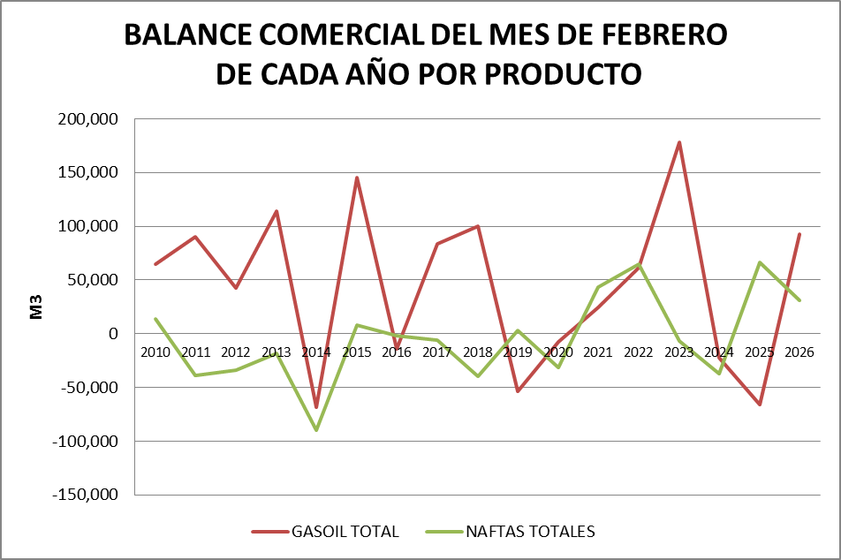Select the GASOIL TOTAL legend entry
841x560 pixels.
(x=345, y=532)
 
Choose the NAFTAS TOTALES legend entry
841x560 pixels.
(x=530, y=532)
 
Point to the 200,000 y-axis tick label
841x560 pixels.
(x=87, y=119)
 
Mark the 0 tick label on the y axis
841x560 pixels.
(x=113, y=334)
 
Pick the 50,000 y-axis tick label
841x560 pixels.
(x=92, y=280)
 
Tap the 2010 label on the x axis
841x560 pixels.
(x=155, y=352)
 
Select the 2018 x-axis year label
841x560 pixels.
(x=478, y=352)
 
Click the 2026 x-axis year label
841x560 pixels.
(x=799, y=352)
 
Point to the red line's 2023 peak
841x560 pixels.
(x=679, y=142)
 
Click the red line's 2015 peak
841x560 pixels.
(x=357, y=178)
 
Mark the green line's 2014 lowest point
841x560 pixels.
(x=316, y=430)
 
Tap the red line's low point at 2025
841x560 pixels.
(x=760, y=405)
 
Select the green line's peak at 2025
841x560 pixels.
(x=760, y=262)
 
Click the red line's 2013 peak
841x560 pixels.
(x=277, y=211)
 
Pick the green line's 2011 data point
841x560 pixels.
(x=195, y=375)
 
